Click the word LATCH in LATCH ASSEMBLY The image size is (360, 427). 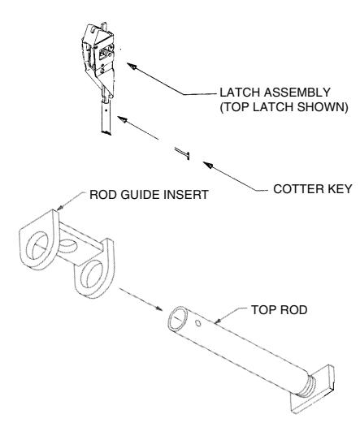240,93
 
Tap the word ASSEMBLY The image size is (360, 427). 297,93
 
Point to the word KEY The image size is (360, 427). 337,188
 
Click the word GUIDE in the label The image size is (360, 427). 141,195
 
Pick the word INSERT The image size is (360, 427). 187,195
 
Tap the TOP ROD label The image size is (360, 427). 280,310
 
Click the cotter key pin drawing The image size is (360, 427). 182,153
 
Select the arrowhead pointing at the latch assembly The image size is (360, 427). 132,67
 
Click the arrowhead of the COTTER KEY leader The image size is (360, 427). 208,165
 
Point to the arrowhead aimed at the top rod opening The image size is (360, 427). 158,308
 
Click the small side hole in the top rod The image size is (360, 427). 198,323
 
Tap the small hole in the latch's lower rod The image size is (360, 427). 105,111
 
